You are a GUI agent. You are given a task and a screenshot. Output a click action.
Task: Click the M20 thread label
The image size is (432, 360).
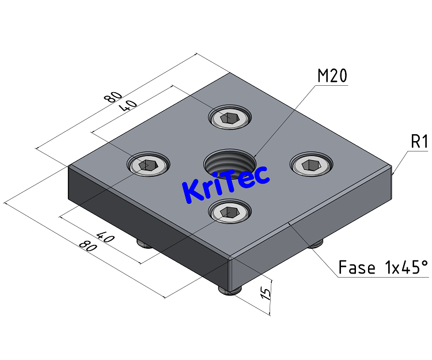pyautogui.click(x=332, y=75)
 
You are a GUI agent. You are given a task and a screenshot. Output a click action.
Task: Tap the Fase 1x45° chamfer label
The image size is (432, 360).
pyautogui.click(x=383, y=268)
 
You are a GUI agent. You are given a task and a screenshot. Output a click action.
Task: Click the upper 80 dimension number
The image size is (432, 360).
pyautogui.click(x=113, y=96)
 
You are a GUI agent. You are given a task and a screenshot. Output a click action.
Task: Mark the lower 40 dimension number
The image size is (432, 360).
pyautogui.click(x=104, y=237)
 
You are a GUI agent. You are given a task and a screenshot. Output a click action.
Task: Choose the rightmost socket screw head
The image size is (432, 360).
pyautogui.click(x=310, y=165)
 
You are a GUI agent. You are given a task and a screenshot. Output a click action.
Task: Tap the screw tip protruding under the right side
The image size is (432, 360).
pyautogui.click(x=314, y=245)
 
